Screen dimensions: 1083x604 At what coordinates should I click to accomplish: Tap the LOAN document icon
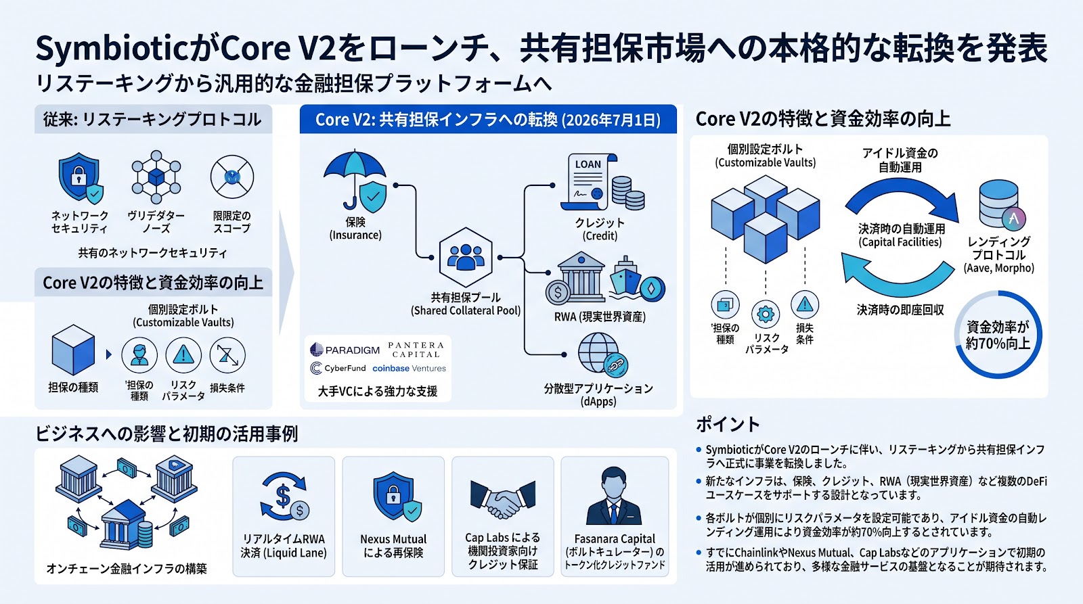pos(590,182)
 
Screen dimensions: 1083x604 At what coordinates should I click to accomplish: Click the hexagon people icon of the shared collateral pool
pos(466,257)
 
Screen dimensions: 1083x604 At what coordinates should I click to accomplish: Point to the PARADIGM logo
pos(345,350)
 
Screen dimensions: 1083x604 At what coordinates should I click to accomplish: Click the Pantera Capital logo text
pos(416,350)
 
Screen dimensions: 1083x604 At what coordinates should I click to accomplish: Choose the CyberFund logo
pos(338,368)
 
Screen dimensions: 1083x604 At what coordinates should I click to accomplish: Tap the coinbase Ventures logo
pos(409,368)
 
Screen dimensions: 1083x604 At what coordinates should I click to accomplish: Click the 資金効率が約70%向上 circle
pos(998,334)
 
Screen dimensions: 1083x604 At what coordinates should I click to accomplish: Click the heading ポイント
pos(728,424)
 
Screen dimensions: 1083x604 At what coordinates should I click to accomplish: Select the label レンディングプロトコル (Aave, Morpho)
pos(998,254)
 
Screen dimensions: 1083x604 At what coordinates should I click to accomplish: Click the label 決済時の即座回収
pos(900,310)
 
